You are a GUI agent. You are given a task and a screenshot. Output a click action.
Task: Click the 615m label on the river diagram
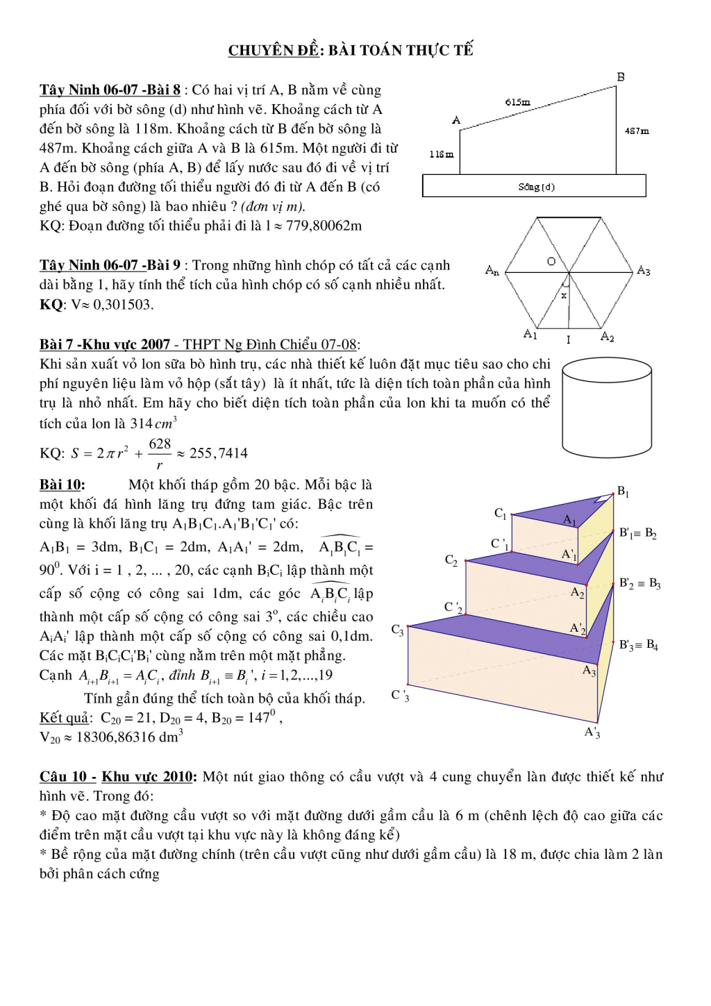(517, 102)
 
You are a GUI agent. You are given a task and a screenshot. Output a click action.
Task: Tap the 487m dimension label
(637, 131)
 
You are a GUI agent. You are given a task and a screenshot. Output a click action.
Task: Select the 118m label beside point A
(441, 154)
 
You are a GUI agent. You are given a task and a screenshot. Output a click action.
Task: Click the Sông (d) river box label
(536, 187)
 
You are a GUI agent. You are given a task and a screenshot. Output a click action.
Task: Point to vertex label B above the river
(621, 77)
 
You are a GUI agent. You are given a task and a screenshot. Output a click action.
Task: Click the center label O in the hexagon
(551, 262)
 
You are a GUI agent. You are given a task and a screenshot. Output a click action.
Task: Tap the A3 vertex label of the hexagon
(644, 271)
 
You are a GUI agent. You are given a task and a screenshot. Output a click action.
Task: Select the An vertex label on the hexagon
(492, 270)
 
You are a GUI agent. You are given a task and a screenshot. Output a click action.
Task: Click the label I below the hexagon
(568, 339)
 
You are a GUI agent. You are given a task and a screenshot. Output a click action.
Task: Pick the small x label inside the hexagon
(564, 295)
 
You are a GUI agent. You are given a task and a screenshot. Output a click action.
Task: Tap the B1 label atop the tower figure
(623, 492)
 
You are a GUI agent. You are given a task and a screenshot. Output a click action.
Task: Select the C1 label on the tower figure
(500, 513)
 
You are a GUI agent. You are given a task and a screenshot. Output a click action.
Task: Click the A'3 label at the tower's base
(592, 732)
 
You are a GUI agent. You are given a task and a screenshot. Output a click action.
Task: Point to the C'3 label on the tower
(400, 695)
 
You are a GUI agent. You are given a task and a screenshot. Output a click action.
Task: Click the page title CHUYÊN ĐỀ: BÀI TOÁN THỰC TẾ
(351, 50)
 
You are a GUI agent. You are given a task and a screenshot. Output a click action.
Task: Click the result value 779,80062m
(324, 226)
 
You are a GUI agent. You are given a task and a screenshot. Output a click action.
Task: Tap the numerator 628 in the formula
(160, 444)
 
